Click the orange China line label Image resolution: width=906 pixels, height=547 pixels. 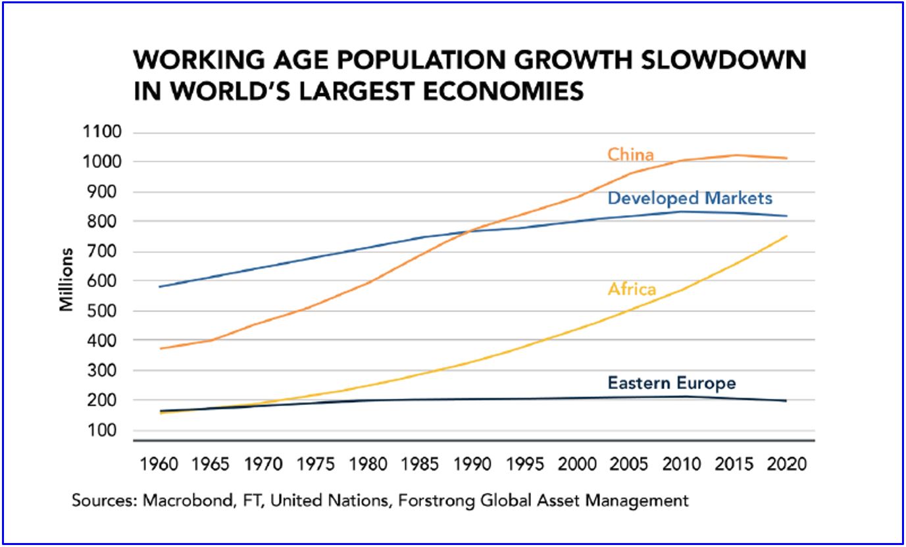pos(630,155)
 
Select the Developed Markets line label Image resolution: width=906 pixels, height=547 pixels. pos(690,198)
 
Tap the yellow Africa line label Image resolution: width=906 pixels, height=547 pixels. pos(632,289)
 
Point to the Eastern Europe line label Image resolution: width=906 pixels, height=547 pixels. pos(671,383)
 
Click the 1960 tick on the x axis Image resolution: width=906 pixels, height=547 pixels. pos(159,464)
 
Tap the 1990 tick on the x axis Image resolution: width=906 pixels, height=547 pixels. pos(472,464)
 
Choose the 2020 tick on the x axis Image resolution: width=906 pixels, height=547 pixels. pos(786,464)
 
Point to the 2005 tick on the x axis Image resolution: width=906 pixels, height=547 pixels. pos(630,464)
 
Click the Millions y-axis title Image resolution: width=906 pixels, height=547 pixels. pos(66,279)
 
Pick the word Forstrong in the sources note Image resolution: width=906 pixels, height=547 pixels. pos(449,500)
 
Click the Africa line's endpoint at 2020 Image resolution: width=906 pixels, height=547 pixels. pos(786,236)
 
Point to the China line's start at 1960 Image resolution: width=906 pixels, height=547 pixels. pos(159,348)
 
